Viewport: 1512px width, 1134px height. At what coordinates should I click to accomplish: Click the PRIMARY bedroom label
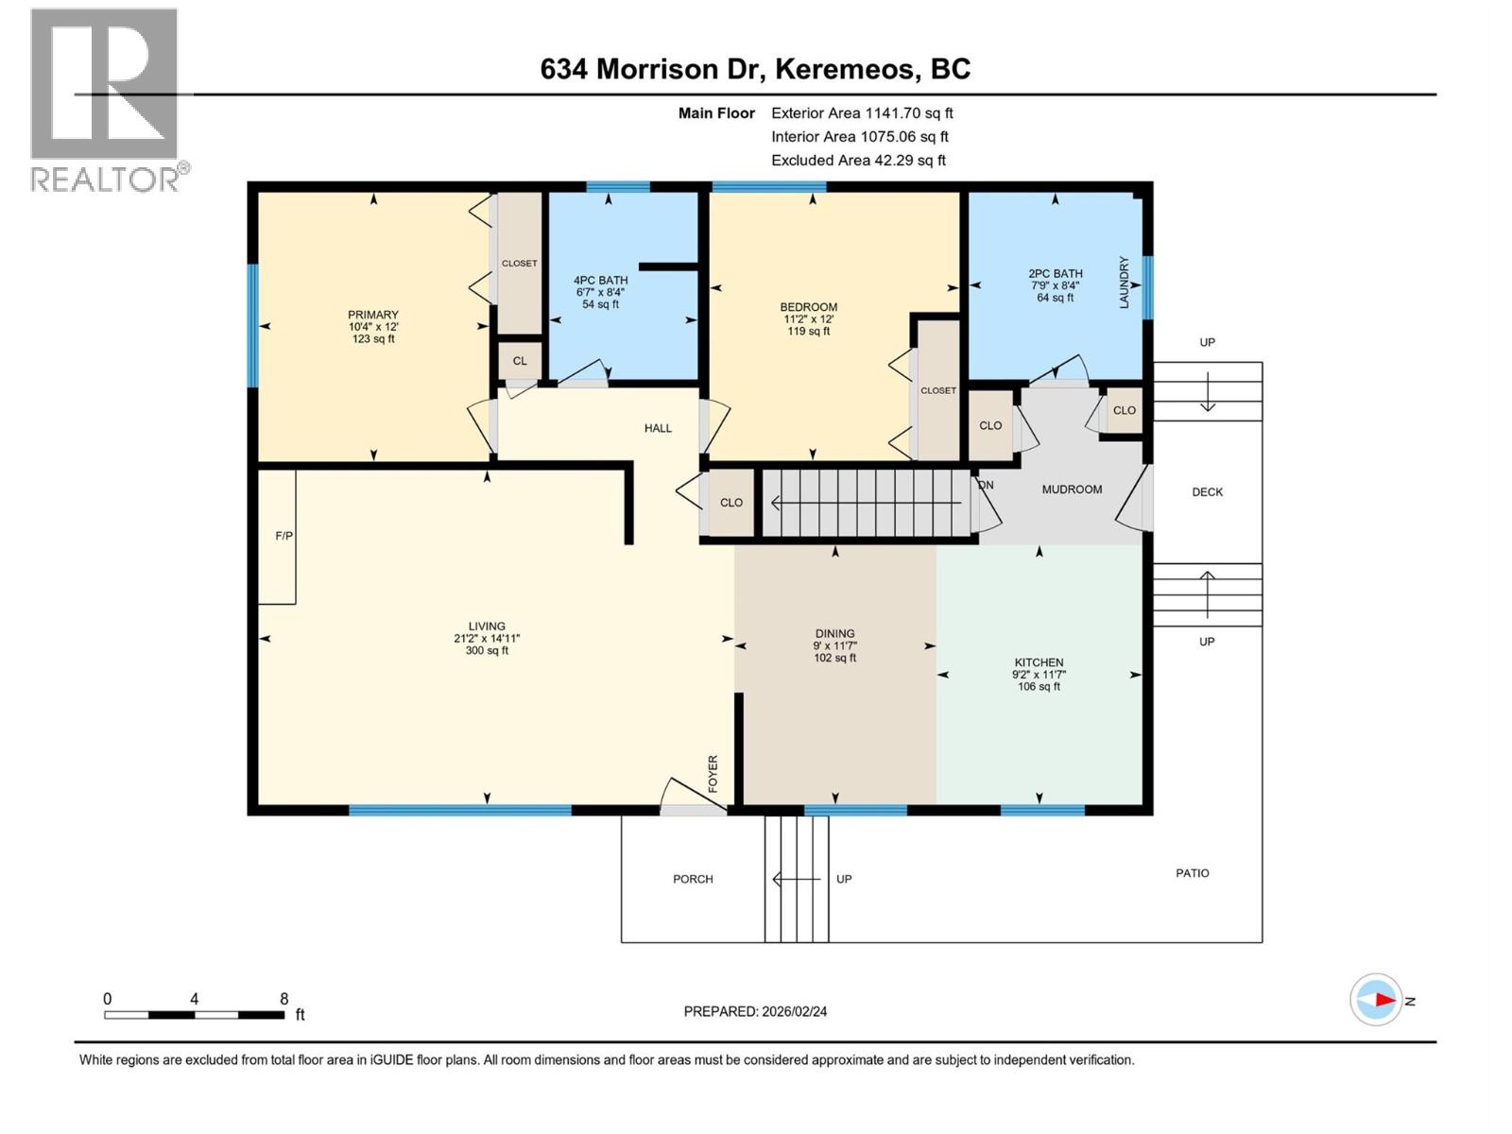point(373,315)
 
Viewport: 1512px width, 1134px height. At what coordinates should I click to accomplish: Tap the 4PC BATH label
point(600,280)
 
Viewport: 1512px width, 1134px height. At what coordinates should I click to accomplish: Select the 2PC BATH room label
point(1056,273)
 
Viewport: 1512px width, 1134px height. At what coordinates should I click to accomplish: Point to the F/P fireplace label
point(283,536)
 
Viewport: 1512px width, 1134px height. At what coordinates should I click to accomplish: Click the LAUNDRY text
point(1125,282)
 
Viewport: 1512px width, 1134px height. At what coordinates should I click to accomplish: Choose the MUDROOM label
point(1072,490)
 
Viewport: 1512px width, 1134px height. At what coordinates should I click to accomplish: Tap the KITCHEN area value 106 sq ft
point(1039,687)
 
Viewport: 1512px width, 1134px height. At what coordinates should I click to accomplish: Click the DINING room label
point(834,633)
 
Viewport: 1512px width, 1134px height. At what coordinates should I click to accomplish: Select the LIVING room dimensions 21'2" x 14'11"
point(487,638)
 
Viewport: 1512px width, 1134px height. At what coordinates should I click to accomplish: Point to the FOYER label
point(713,774)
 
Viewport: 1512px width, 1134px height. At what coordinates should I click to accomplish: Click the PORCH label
point(693,879)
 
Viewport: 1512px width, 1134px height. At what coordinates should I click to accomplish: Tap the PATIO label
point(1192,873)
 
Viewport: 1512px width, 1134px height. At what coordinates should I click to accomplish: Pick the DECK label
point(1207,492)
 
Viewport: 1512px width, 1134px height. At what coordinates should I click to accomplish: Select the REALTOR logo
point(107,100)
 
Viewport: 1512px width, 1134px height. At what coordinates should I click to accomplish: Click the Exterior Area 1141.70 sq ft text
point(862,113)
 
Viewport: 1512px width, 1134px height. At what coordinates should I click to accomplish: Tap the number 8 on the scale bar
point(283,999)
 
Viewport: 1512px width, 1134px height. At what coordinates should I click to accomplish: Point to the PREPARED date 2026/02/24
point(755,1011)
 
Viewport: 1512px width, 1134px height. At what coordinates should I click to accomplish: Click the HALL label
point(658,428)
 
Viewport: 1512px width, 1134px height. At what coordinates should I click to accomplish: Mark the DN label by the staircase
point(986,485)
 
